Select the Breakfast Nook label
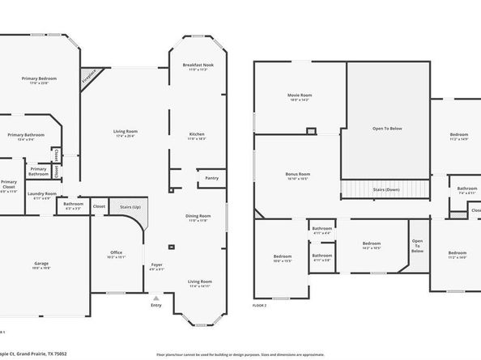(198, 67)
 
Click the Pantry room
(212, 178)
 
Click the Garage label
(41, 265)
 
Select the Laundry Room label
(40, 195)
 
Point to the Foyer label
(157, 266)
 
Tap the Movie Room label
(299, 97)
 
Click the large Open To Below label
(387, 129)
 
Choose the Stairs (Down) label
(385, 189)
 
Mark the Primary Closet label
(8, 184)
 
